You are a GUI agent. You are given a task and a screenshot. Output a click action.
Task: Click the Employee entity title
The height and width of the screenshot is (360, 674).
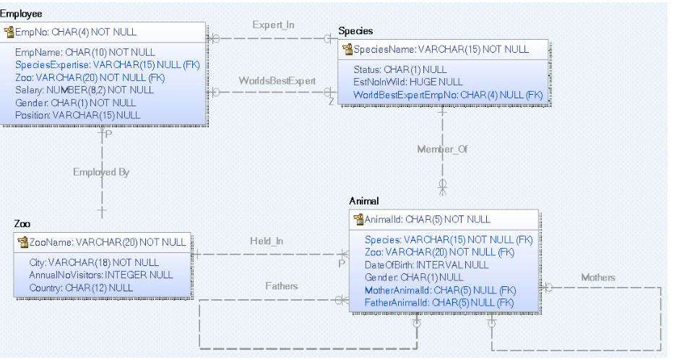tap(21, 14)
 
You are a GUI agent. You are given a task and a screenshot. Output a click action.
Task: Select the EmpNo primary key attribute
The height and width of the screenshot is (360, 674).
tap(75, 33)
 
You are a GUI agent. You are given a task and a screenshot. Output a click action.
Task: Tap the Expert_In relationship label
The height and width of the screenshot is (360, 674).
tap(273, 25)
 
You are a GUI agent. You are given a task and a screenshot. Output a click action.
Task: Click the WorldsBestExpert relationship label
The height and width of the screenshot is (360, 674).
tap(277, 80)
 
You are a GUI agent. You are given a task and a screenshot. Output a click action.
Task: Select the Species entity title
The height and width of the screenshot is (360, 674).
tap(355, 31)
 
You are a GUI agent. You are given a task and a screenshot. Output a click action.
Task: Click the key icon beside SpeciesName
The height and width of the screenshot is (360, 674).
tap(347, 50)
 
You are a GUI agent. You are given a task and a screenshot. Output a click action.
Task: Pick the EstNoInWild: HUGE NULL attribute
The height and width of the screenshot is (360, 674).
tap(408, 82)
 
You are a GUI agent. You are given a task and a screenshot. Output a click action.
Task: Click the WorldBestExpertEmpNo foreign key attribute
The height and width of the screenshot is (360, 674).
tap(447, 95)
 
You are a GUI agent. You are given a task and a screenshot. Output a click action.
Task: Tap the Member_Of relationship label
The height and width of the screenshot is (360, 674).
tap(442, 149)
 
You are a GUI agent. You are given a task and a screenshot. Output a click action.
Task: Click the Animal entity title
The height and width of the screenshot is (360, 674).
tap(364, 200)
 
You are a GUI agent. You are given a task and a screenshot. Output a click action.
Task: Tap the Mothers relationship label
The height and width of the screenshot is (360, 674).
tap(597, 277)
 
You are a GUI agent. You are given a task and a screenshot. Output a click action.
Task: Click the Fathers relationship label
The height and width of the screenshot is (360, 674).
tap(281, 286)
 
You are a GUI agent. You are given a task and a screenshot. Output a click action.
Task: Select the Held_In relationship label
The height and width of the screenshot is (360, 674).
tap(267, 241)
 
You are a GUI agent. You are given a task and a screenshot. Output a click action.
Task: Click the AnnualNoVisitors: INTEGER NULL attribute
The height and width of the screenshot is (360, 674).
tap(100, 275)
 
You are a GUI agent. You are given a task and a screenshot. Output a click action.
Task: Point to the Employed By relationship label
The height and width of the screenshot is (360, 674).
tap(101, 172)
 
